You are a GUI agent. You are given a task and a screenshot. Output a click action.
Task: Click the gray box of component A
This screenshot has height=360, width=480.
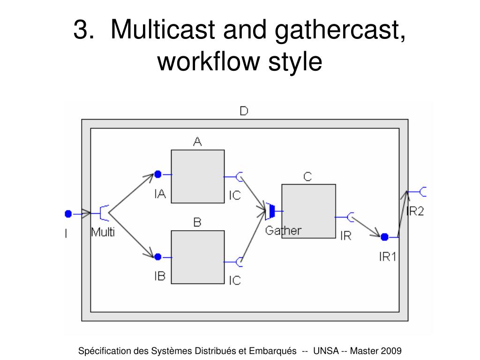click(x=197, y=176)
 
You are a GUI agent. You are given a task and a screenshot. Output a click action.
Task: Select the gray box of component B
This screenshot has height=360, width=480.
click(x=197, y=257)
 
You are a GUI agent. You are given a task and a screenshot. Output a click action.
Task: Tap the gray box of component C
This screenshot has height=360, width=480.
click(x=308, y=211)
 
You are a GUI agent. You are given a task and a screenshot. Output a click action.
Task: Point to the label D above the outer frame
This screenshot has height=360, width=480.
click(x=244, y=111)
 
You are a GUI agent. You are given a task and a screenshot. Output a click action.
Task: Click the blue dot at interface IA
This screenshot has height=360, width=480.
click(x=158, y=174)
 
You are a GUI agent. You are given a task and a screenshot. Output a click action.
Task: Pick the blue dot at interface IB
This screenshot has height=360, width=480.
click(x=158, y=257)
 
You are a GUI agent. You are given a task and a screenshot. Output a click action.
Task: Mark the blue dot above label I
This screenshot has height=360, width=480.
click(x=68, y=214)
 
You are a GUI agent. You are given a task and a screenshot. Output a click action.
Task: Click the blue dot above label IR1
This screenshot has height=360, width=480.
click(x=384, y=237)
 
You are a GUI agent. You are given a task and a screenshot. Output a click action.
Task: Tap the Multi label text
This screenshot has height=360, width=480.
click(x=103, y=232)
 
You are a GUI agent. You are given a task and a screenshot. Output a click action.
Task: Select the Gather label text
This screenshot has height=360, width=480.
click(x=283, y=231)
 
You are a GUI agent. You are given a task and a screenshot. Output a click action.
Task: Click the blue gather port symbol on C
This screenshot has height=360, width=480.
click(x=270, y=211)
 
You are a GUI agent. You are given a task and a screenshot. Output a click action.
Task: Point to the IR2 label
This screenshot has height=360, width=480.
click(x=415, y=211)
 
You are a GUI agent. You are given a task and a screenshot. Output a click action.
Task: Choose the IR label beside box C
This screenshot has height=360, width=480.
click(x=345, y=236)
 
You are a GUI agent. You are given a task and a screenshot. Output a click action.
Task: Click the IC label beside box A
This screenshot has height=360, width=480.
click(x=234, y=195)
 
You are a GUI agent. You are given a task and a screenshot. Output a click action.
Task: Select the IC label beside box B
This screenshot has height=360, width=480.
click(x=234, y=280)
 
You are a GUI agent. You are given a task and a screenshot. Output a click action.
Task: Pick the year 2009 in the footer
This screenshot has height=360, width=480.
click(x=392, y=351)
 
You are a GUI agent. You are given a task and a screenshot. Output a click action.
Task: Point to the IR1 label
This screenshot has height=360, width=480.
click(x=388, y=256)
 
